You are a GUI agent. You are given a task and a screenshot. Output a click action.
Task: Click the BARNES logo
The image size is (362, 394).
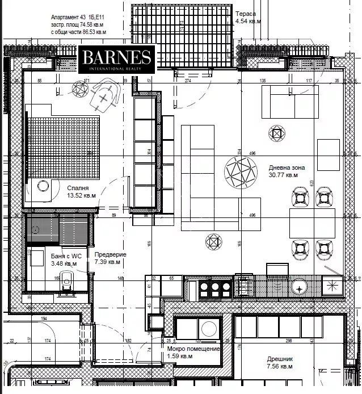click(x=117, y=60)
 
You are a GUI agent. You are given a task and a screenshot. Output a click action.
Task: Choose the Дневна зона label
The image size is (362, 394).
click(x=287, y=168)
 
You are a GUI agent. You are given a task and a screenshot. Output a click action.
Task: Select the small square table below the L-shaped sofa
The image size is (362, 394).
click(x=212, y=242)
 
